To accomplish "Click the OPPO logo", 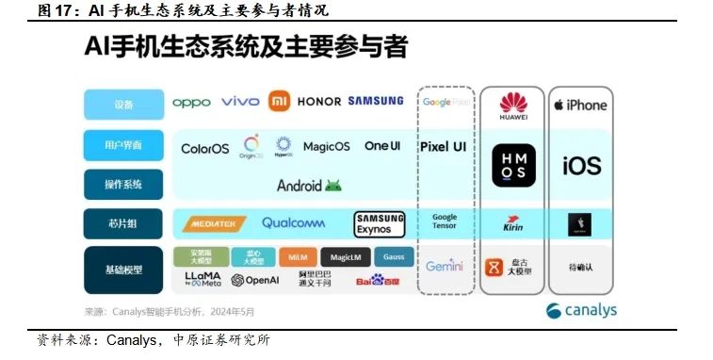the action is [x=192, y=102].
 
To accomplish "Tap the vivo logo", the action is [x=240, y=102].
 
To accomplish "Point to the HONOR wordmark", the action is [x=318, y=102].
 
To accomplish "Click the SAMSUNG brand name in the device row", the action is [x=376, y=102].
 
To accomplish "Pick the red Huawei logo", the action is [x=513, y=105].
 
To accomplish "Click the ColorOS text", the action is [x=205, y=148].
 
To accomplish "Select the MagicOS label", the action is [x=327, y=147].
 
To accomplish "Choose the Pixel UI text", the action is [x=443, y=147].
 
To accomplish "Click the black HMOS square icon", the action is [x=513, y=166].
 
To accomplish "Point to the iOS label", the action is [x=581, y=167].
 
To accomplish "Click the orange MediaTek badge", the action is [x=213, y=223].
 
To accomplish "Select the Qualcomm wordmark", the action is [x=293, y=223].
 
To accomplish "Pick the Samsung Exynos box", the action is [x=380, y=224].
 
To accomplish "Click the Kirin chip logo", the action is [x=513, y=224].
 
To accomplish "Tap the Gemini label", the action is [x=444, y=267].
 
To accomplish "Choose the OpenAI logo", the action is [x=255, y=280].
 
